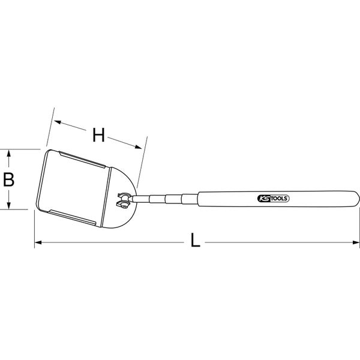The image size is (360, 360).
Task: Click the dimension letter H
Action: click(x=99, y=136)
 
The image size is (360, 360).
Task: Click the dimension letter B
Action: click(x=9, y=179)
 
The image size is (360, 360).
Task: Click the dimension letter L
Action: click(x=195, y=241)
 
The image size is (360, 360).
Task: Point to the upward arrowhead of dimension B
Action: click(x=9, y=153)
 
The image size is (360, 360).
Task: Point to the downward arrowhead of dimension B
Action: click(x=9, y=206)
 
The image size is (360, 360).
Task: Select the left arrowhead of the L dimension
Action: click(x=38, y=243)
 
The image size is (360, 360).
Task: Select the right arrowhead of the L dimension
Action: click(x=355, y=243)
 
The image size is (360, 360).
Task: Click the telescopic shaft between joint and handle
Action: click(x=165, y=198)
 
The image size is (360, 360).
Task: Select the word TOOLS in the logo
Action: click(x=278, y=199)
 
